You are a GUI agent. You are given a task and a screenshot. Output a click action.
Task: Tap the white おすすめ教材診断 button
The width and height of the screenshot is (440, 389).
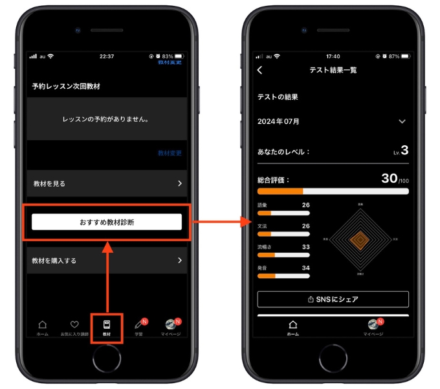(x=107, y=222)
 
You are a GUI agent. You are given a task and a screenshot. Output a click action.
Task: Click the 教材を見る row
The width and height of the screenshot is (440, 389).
(x=107, y=183)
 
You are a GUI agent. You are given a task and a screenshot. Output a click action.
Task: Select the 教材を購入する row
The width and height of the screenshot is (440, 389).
(x=107, y=260)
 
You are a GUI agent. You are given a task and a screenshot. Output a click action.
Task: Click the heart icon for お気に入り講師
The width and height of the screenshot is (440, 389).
(x=74, y=324)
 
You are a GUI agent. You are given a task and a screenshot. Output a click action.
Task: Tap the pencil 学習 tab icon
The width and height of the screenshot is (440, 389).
(x=138, y=324)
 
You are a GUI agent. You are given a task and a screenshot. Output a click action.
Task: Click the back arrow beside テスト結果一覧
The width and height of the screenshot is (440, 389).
(x=260, y=70)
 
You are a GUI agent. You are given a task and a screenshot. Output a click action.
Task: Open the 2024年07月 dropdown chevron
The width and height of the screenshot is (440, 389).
(x=402, y=121)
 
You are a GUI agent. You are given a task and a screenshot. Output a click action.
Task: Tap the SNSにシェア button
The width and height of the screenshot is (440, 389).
(x=333, y=299)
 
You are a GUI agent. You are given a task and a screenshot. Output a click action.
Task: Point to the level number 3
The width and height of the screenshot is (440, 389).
(x=404, y=150)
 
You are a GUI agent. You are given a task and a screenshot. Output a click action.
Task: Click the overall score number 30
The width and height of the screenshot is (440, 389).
(x=389, y=178)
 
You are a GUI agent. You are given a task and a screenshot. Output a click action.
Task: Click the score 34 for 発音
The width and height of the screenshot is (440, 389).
(x=305, y=267)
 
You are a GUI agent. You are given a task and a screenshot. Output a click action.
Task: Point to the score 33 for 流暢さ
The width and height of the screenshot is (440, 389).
(x=305, y=246)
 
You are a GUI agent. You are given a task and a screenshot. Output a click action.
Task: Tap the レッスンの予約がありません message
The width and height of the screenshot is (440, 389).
(x=107, y=119)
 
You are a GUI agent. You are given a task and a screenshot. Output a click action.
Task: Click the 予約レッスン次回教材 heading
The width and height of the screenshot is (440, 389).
(x=66, y=86)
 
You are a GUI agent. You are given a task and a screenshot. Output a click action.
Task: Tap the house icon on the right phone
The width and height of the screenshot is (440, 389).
(x=292, y=324)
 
